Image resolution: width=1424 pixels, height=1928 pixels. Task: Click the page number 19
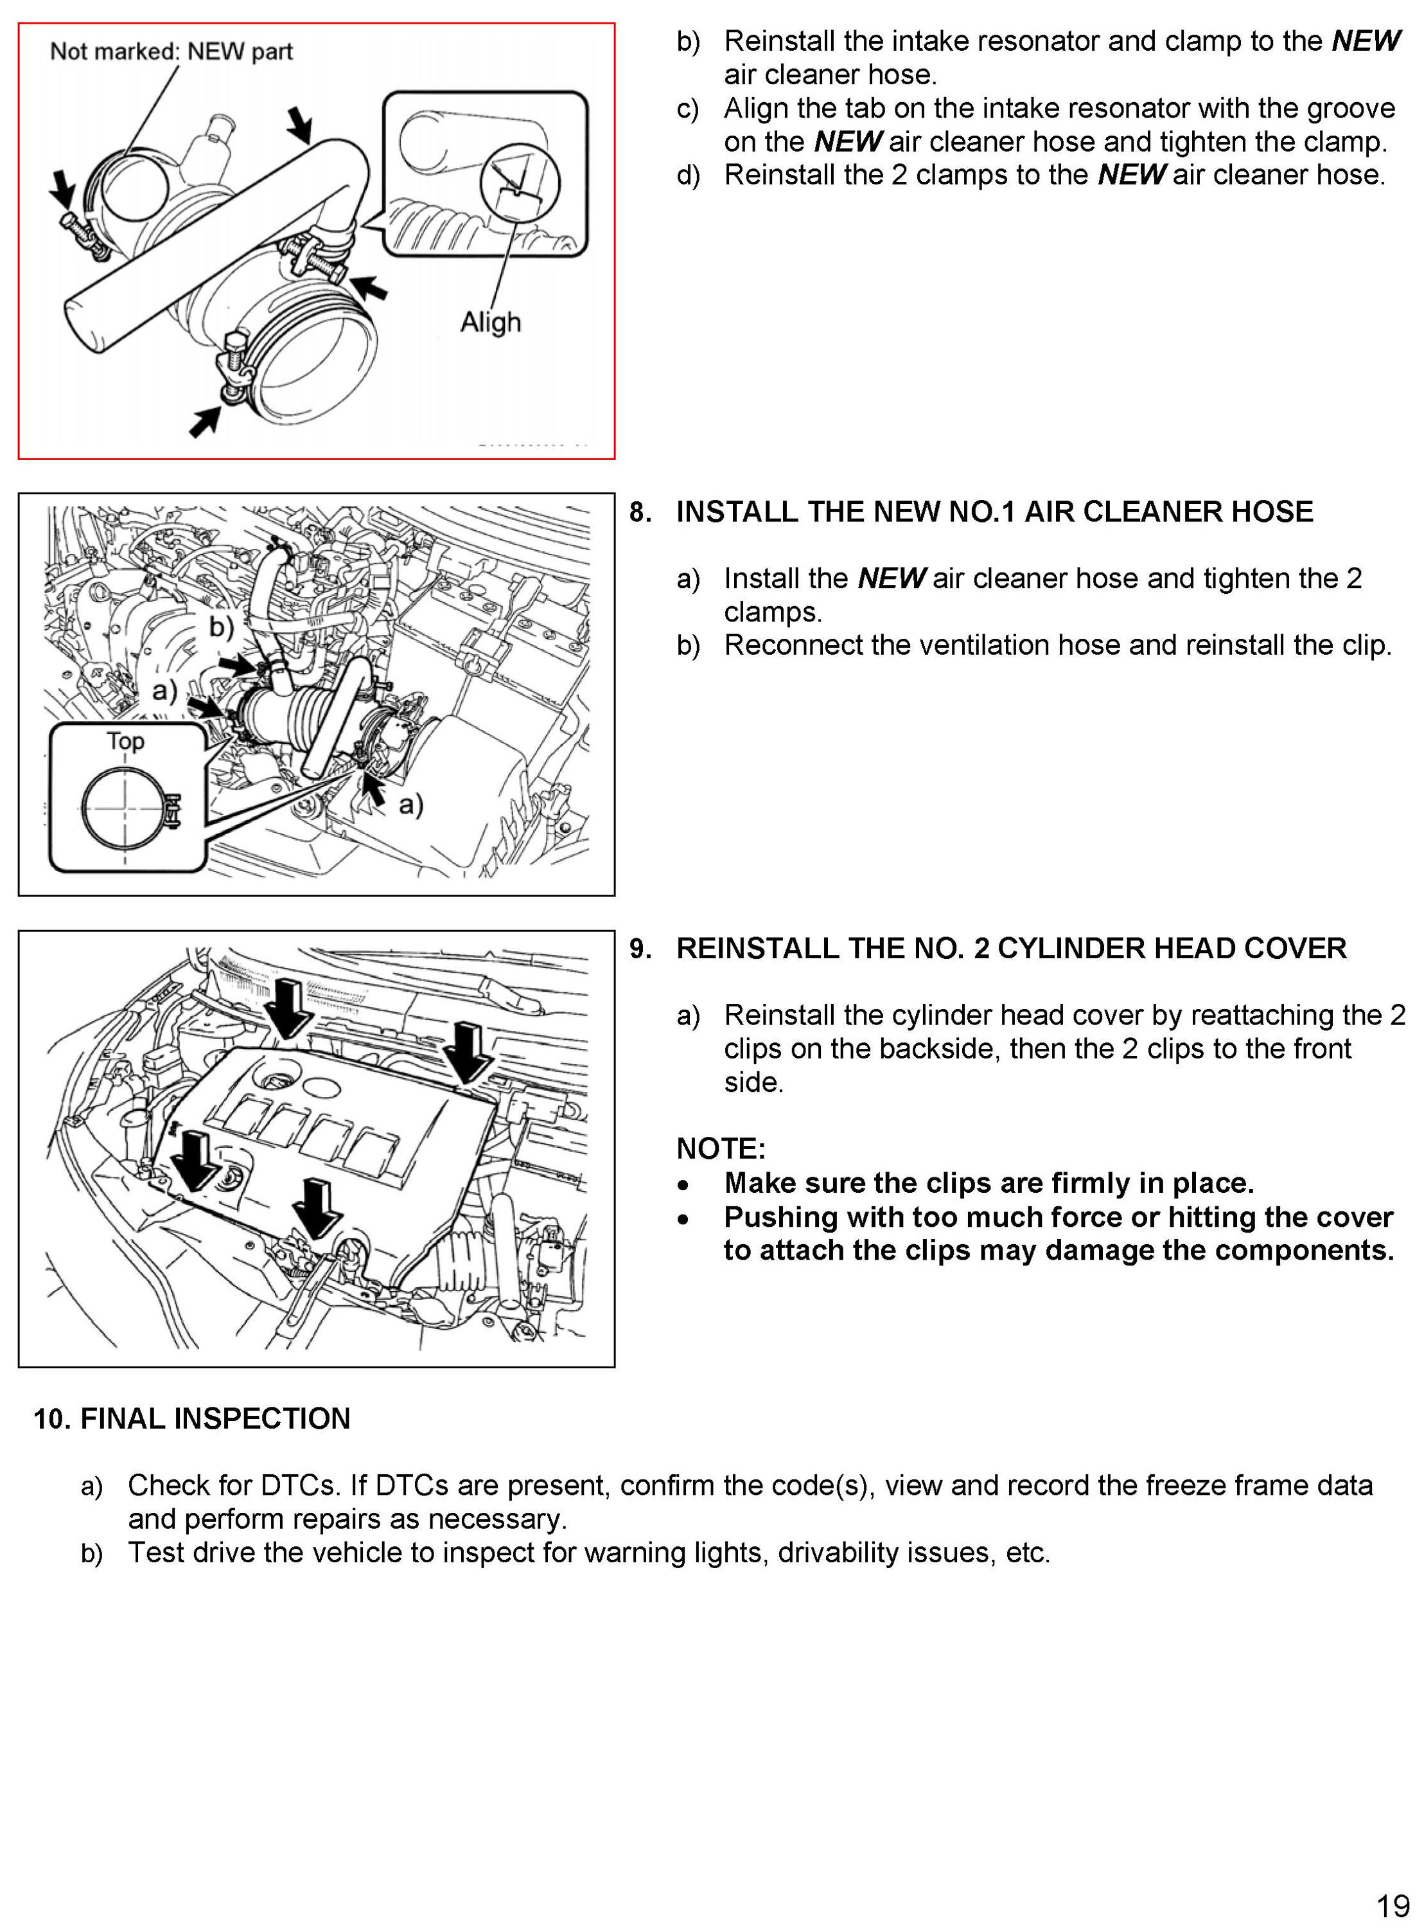1392,1904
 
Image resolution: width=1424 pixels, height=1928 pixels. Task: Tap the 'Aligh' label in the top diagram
491,323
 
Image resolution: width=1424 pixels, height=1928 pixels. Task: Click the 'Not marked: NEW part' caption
171,52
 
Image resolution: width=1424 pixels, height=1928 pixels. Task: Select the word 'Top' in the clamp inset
125,741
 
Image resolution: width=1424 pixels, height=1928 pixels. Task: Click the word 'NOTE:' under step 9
721,1148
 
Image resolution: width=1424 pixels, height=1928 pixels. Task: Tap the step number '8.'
640,512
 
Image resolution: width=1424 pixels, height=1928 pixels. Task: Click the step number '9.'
640,949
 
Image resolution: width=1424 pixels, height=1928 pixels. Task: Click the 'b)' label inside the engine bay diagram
222,627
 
